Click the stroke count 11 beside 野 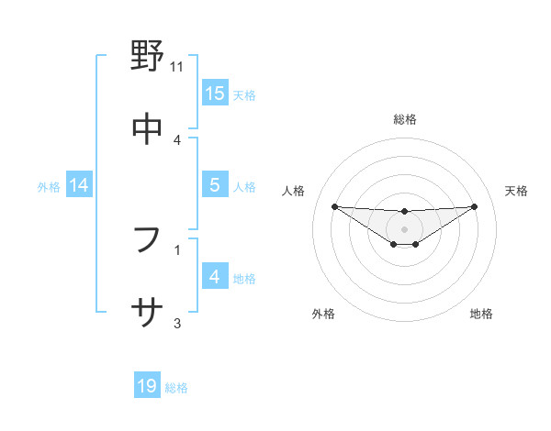(177, 67)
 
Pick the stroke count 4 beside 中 (177, 139)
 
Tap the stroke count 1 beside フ (177, 249)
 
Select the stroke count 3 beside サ (177, 322)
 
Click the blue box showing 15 (215, 94)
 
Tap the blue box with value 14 (79, 186)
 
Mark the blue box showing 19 (147, 386)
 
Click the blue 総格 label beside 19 (176, 388)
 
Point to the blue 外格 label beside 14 (49, 187)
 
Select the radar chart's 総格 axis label (405, 119)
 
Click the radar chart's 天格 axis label (516, 191)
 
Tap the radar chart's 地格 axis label (481, 314)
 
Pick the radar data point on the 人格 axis (334, 206)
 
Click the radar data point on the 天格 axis (475, 206)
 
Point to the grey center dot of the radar (405, 228)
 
